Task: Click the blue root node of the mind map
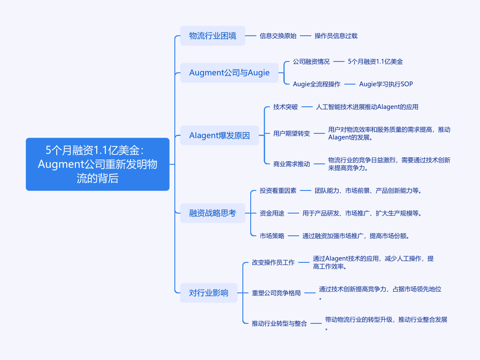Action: click(x=98, y=164)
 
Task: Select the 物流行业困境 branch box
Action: click(x=212, y=36)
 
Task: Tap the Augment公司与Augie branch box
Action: click(x=229, y=73)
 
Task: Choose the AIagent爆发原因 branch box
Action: click(x=219, y=135)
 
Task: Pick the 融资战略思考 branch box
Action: click(x=212, y=213)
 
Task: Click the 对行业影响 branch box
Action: click(x=208, y=293)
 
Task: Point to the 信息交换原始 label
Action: click(x=278, y=36)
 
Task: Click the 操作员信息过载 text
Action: click(x=336, y=36)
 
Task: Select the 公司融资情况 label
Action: click(x=311, y=61)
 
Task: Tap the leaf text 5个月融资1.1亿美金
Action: click(x=375, y=61)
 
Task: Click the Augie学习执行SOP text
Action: click(x=386, y=84)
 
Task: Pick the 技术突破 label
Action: click(x=285, y=107)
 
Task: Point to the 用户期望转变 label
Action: click(x=291, y=133)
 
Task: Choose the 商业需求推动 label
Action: click(x=291, y=164)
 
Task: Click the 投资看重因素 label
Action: click(x=278, y=191)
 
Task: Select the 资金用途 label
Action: click(x=272, y=213)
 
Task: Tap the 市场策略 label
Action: click(x=272, y=236)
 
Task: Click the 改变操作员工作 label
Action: click(x=273, y=262)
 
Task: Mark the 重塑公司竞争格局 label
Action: click(x=276, y=293)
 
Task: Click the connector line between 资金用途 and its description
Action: click(x=293, y=213)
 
